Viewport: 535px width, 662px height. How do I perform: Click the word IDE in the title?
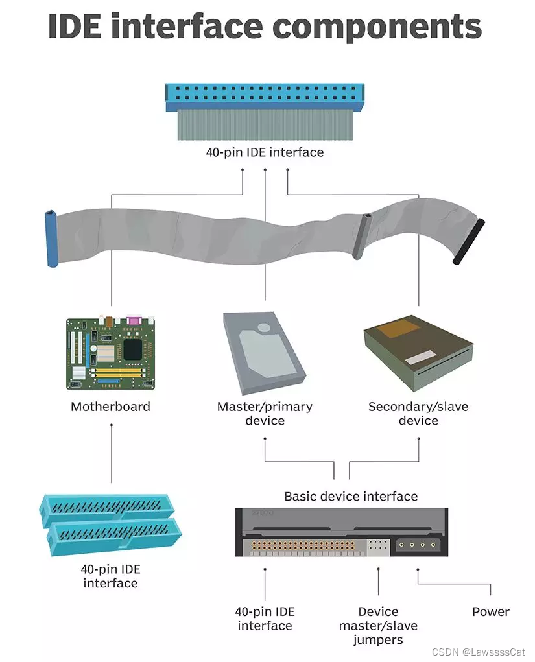click(x=85, y=26)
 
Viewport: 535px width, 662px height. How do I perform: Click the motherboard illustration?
click(x=110, y=353)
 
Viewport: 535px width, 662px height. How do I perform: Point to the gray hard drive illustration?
click(x=263, y=353)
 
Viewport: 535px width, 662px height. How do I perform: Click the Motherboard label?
click(x=110, y=407)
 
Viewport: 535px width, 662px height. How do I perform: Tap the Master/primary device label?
click(x=265, y=414)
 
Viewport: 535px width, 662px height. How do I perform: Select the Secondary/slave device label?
click(x=418, y=414)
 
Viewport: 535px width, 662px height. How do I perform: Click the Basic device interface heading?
click(x=351, y=497)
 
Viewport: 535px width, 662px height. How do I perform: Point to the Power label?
click(x=490, y=612)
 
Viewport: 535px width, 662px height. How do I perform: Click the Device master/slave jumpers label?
click(x=379, y=626)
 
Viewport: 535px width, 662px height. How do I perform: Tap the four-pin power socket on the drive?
click(x=418, y=545)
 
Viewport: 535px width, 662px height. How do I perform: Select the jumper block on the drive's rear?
click(x=378, y=546)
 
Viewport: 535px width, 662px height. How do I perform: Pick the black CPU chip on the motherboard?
click(x=133, y=350)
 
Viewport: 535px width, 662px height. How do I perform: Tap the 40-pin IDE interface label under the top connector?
click(x=265, y=153)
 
